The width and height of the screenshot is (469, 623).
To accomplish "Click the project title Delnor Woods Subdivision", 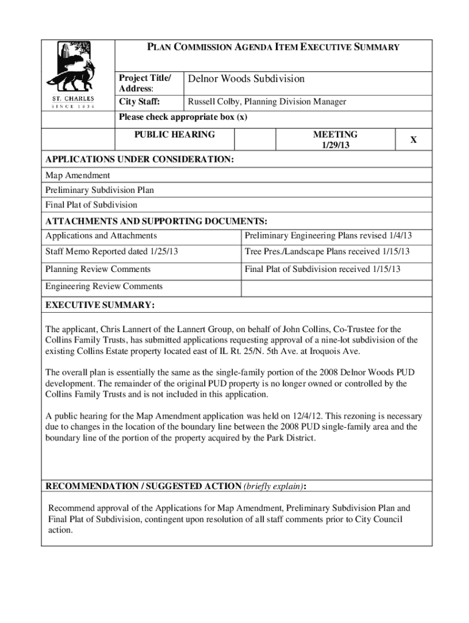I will point(246,79).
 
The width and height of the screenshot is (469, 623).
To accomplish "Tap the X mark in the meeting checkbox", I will point(413,140).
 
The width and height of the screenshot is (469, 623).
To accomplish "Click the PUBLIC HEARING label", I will point(174,134).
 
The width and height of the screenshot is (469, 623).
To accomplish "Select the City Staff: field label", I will point(136,102).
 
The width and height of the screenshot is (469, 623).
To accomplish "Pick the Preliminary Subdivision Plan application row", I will point(99,190).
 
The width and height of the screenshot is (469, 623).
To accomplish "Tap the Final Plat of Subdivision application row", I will point(91,205).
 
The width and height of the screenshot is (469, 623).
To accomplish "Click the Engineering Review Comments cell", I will point(104,286).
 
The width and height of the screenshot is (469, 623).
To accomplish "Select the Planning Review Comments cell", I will point(98,269).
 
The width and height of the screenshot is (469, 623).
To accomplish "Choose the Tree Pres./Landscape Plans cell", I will point(327,251).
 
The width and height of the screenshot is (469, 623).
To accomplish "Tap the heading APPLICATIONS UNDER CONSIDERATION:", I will point(139,159).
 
